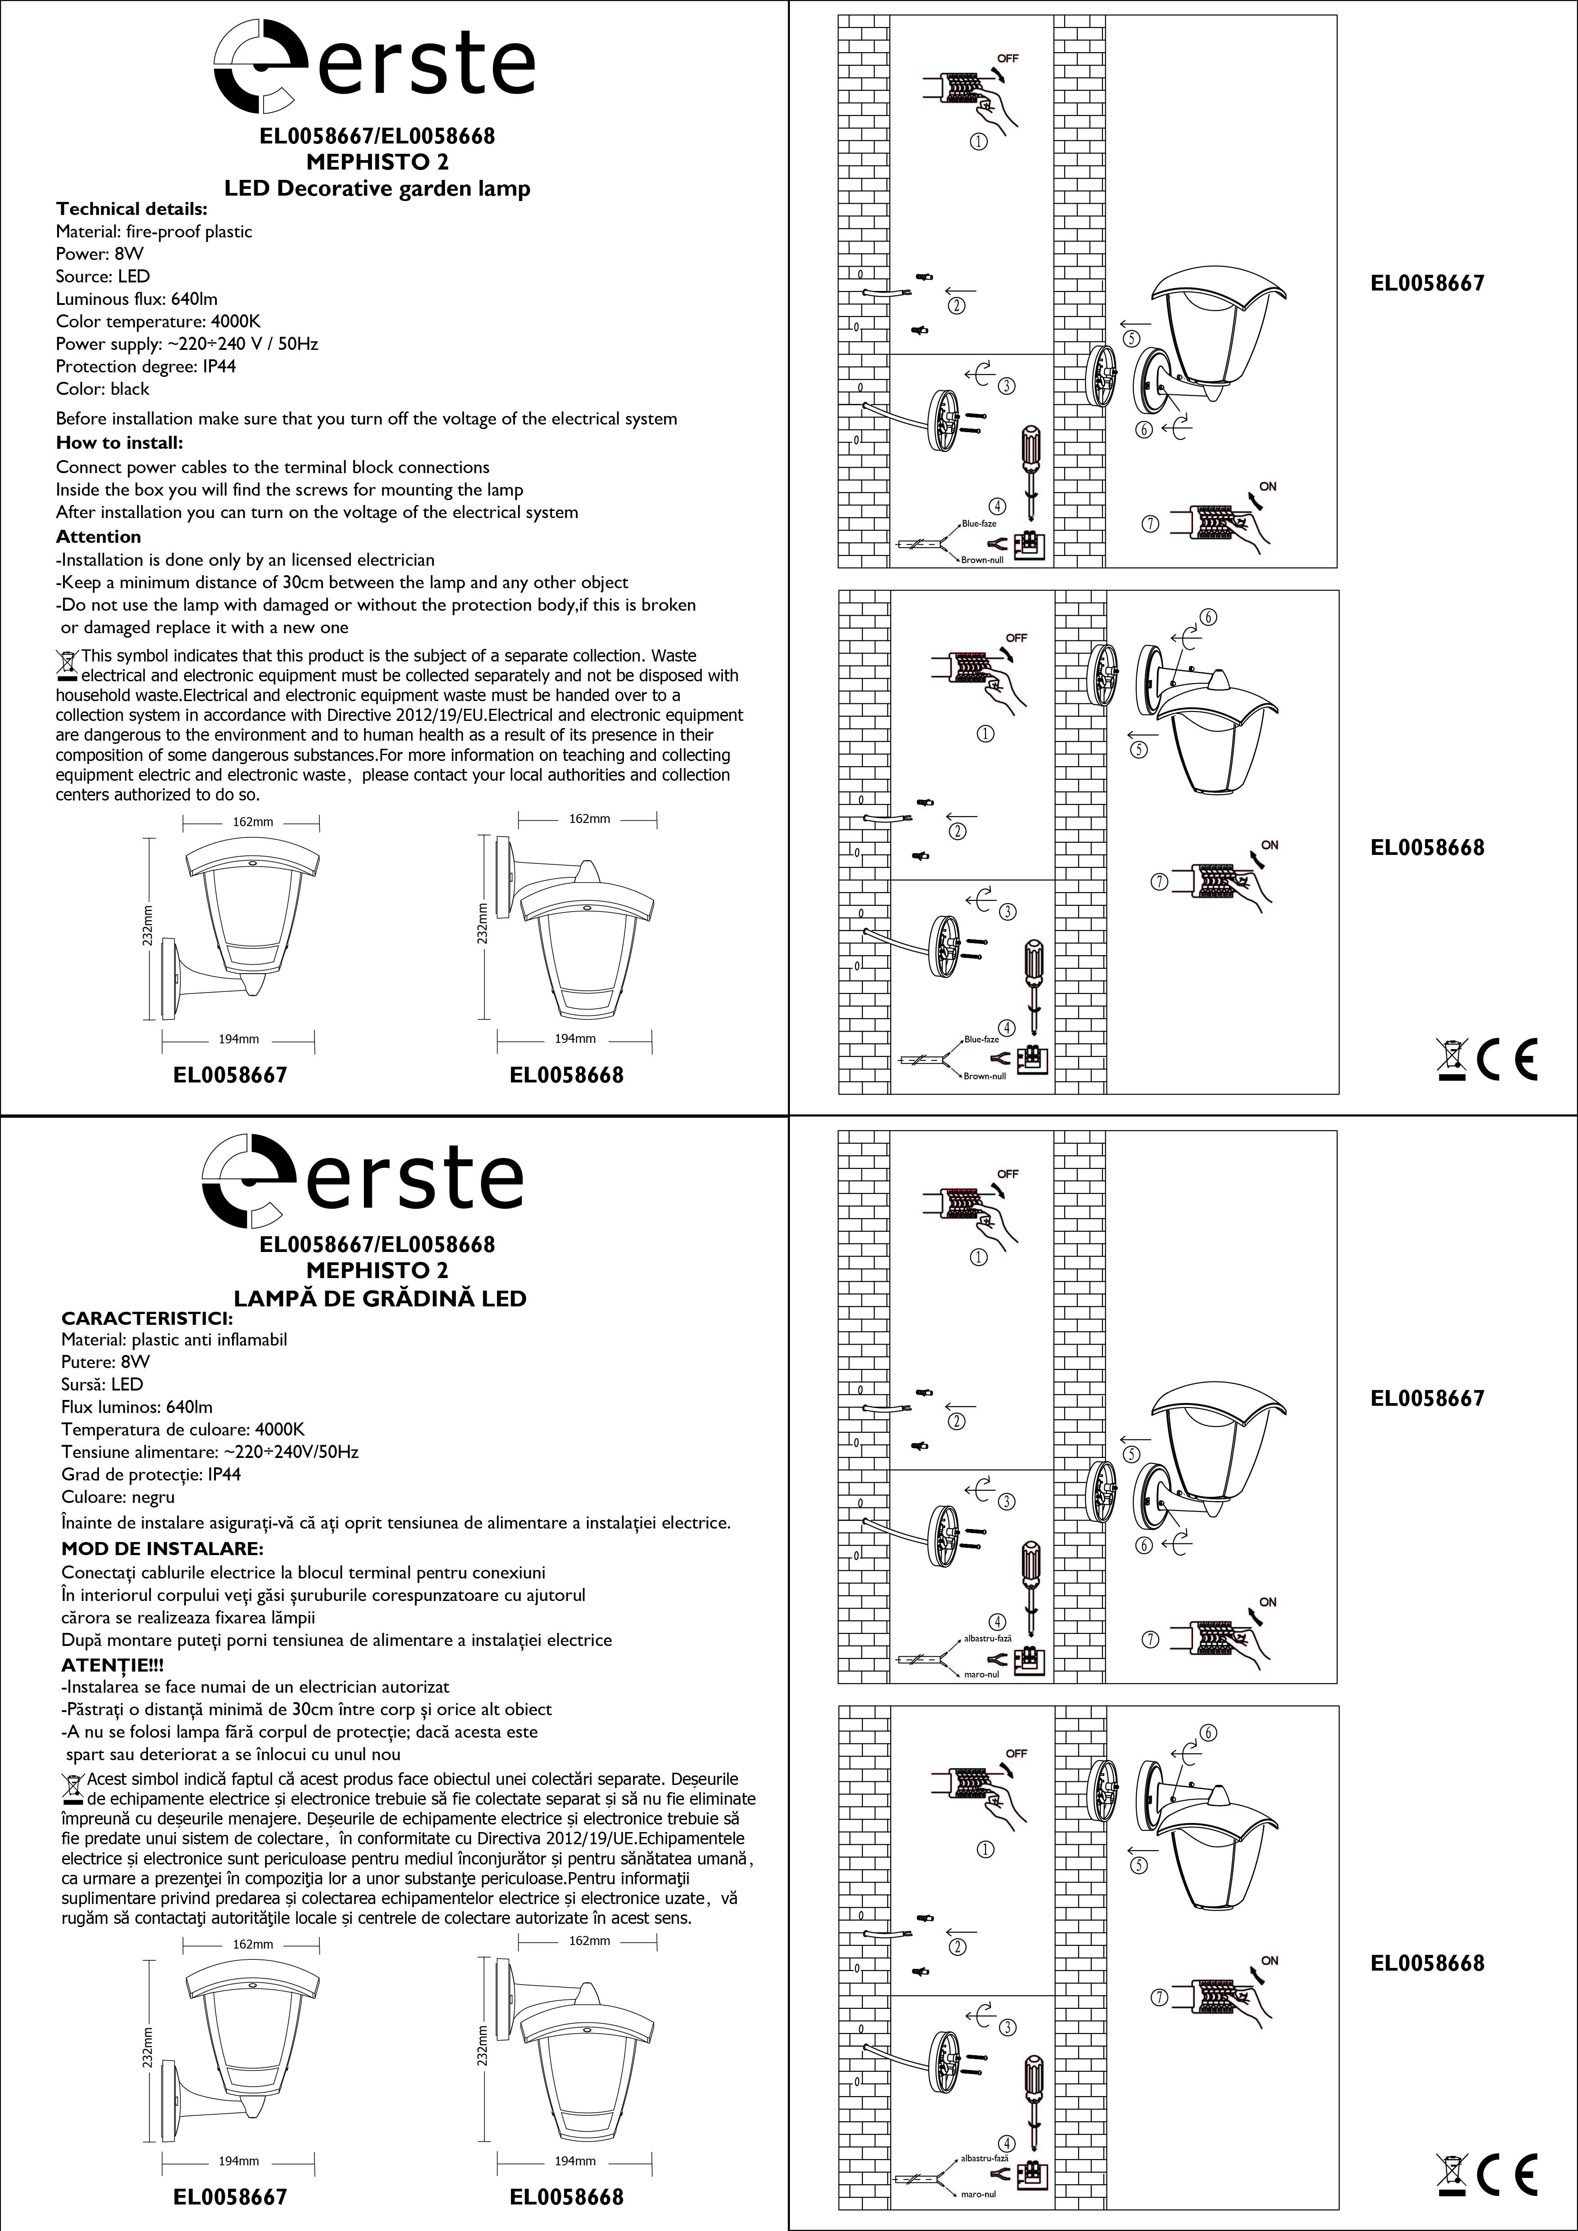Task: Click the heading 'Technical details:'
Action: [131, 209]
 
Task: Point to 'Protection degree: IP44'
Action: [146, 367]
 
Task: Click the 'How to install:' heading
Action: [120, 443]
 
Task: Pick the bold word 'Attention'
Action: [98, 537]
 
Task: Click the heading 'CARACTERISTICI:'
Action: [147, 1319]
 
